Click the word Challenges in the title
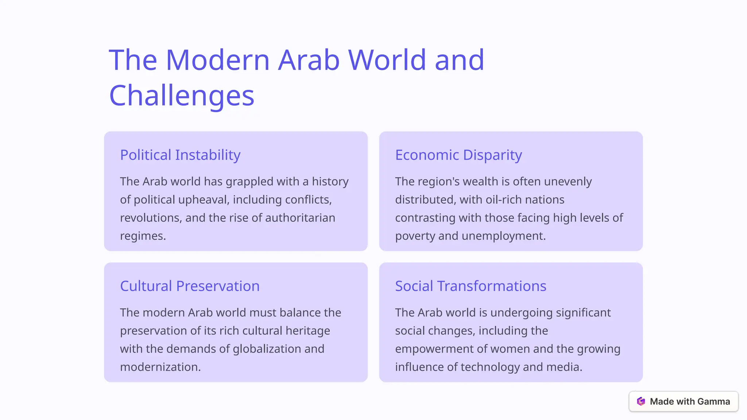tap(182, 95)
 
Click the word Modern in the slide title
tap(218, 60)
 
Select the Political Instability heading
tap(180, 155)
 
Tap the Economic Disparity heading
tap(458, 155)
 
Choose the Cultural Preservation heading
tap(190, 286)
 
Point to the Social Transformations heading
tap(471, 286)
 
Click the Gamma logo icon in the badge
tap(641, 401)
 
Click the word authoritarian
tap(300, 218)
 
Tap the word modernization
tap(160, 367)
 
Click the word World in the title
tap(387, 60)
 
